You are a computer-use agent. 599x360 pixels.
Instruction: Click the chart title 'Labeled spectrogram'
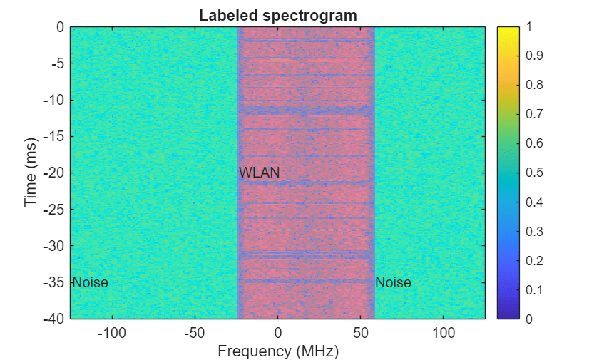[277, 14]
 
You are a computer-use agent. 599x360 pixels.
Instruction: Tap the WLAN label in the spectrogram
[260, 173]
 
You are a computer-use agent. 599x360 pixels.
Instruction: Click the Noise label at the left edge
[90, 282]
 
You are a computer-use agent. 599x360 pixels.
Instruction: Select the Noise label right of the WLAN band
[393, 282]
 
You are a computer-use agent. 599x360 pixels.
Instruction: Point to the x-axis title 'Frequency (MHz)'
[278, 351]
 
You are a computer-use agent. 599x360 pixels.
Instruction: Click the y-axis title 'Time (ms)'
[31, 173]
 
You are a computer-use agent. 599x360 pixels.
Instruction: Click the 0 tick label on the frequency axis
[278, 333]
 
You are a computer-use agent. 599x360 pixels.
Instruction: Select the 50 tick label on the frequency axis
[361, 333]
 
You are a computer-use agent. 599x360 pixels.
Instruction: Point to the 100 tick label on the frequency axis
[444, 333]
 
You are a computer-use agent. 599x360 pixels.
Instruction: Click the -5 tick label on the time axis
[56, 63]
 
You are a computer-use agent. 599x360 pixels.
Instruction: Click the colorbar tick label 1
[528, 27]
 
